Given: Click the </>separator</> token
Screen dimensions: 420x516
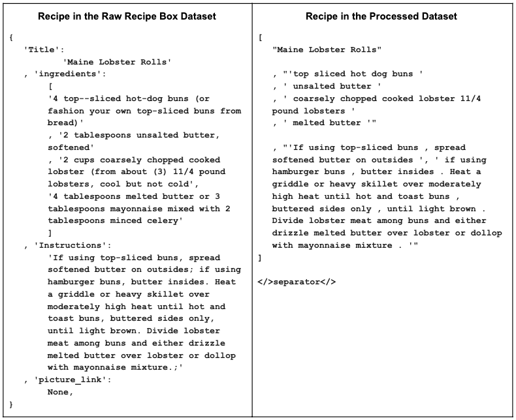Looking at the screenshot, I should tap(298, 282).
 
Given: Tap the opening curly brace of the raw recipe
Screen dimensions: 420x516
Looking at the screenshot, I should tap(11, 37).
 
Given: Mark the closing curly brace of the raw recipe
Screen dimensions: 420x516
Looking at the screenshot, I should tap(11, 405).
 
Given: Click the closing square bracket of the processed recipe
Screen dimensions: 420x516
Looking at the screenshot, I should tap(261, 258).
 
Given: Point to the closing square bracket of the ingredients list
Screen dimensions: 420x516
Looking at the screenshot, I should tap(50, 233).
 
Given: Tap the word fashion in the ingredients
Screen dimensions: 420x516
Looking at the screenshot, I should tap(67, 111).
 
